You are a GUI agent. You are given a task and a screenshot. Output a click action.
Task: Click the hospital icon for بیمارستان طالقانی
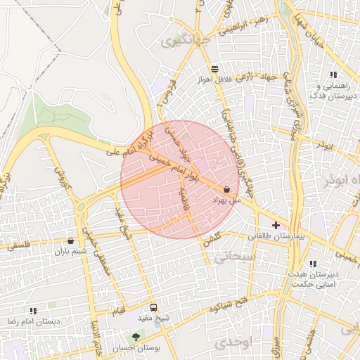tap(276, 226)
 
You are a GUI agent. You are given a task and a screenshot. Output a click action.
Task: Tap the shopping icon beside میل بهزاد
tap(226, 189)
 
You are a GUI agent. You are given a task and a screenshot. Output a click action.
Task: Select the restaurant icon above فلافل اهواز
tap(214, 69)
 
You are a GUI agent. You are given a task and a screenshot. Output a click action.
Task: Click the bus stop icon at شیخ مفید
tap(153, 307)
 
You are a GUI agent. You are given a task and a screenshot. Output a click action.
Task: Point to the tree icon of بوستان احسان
tap(136, 337)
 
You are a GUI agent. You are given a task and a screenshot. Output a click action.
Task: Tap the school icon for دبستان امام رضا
tap(33, 310)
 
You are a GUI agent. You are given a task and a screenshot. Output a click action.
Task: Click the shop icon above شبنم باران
tap(70, 240)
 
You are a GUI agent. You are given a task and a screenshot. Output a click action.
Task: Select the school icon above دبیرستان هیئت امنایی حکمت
tap(313, 264)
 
